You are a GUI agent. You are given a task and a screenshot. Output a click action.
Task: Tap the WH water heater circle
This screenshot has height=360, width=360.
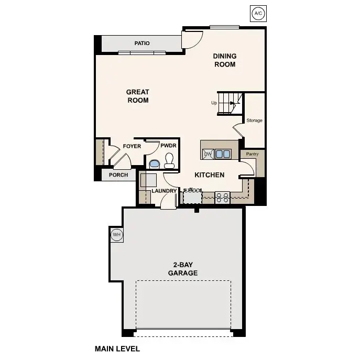point(116,234)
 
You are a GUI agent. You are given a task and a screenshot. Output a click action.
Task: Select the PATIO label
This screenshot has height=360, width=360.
point(142,43)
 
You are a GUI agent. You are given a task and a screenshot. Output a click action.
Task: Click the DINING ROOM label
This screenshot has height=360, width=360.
point(224,60)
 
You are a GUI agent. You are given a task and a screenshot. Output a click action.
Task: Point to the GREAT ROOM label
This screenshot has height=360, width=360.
point(138,96)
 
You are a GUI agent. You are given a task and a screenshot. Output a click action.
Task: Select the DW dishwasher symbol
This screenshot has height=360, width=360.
point(208,154)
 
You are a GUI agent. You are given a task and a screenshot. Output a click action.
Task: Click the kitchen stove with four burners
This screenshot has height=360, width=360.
point(223,198)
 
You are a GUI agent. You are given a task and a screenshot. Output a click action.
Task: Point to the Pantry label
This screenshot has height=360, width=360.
point(252,155)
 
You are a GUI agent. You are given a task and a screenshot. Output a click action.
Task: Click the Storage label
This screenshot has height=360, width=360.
point(255,121)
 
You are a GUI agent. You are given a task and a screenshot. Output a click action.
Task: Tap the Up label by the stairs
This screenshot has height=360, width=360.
point(214,103)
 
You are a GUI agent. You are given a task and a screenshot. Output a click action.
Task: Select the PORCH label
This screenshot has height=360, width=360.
point(118,175)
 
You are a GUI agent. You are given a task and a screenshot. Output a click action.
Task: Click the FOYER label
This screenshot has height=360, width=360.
point(132,146)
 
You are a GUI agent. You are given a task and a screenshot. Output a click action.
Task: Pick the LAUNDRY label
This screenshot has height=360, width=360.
point(163,191)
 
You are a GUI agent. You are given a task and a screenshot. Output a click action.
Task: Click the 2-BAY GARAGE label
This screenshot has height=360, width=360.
point(182,269)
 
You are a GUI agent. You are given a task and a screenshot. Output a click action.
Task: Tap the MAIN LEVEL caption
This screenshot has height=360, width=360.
point(117,348)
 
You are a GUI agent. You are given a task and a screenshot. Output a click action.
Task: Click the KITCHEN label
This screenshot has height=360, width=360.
point(210,175)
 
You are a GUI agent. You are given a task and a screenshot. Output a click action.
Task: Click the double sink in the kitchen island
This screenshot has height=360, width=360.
point(222,154)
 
